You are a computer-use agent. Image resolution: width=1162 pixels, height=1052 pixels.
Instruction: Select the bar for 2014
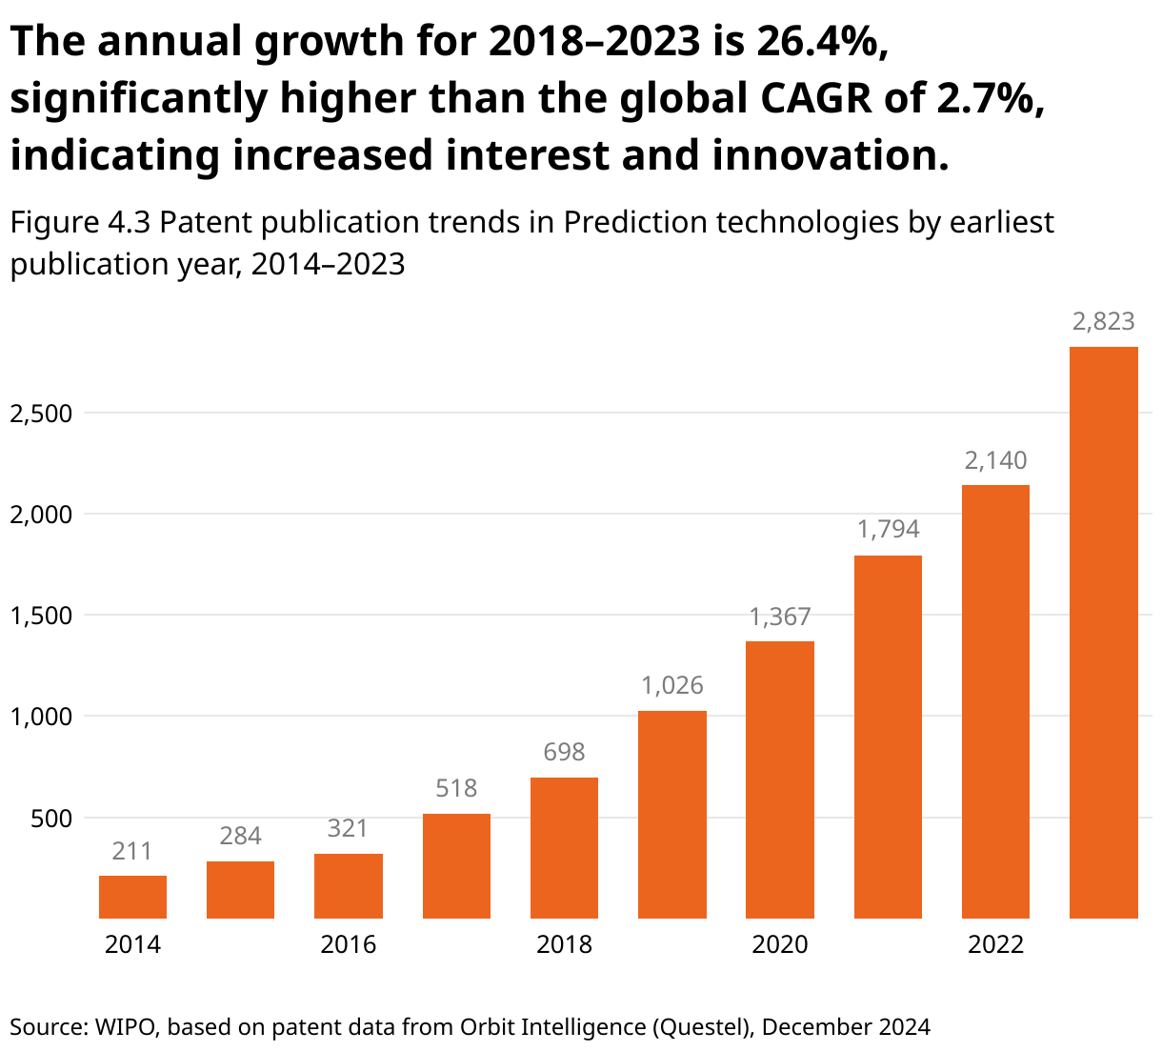(x=132, y=897)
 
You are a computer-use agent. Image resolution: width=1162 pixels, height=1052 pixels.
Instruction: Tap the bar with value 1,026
(x=671, y=815)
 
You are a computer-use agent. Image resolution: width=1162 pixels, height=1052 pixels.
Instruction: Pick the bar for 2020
(x=779, y=779)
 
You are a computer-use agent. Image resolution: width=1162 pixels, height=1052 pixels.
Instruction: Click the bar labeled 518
(x=456, y=865)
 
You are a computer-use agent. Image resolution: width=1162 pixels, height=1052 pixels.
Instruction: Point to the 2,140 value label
(x=995, y=461)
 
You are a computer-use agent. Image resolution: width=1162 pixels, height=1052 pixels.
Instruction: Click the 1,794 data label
(x=888, y=530)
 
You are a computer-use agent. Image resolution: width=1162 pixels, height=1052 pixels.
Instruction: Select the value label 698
(x=564, y=753)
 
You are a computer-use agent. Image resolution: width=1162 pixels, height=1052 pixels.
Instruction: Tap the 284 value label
(x=240, y=837)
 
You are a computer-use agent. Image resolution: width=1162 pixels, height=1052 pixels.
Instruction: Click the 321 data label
(x=348, y=829)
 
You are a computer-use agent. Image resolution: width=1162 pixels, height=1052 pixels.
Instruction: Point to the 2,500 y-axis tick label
(x=41, y=414)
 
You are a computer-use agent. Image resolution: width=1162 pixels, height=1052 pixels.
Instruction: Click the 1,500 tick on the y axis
(x=41, y=616)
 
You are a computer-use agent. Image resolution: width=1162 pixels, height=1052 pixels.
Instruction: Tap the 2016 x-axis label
(x=348, y=944)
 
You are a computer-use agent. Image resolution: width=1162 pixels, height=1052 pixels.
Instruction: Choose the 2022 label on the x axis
(x=995, y=944)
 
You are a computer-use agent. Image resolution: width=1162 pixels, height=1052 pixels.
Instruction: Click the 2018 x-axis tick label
(x=564, y=944)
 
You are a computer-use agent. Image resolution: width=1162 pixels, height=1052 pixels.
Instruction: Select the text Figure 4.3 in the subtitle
(x=80, y=223)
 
